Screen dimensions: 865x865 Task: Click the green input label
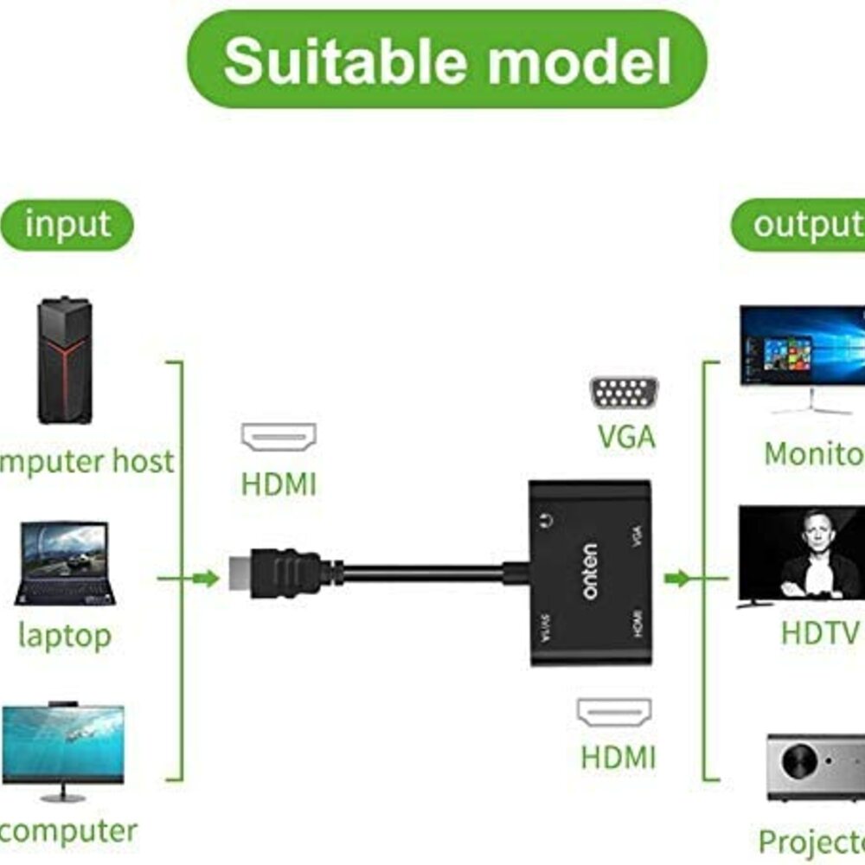pyautogui.click(x=67, y=225)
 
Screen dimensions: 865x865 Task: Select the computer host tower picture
pyautogui.click(x=64, y=361)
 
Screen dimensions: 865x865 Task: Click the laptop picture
pyautogui.click(x=66, y=563)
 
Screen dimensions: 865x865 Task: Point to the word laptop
pyautogui.click(x=65, y=636)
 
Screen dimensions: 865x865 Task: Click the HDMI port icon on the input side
pyautogui.click(x=279, y=438)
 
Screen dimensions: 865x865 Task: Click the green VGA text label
pyautogui.click(x=626, y=438)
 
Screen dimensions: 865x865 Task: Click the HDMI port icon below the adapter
pyautogui.click(x=615, y=712)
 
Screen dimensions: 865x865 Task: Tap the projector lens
pyautogui.click(x=798, y=762)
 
